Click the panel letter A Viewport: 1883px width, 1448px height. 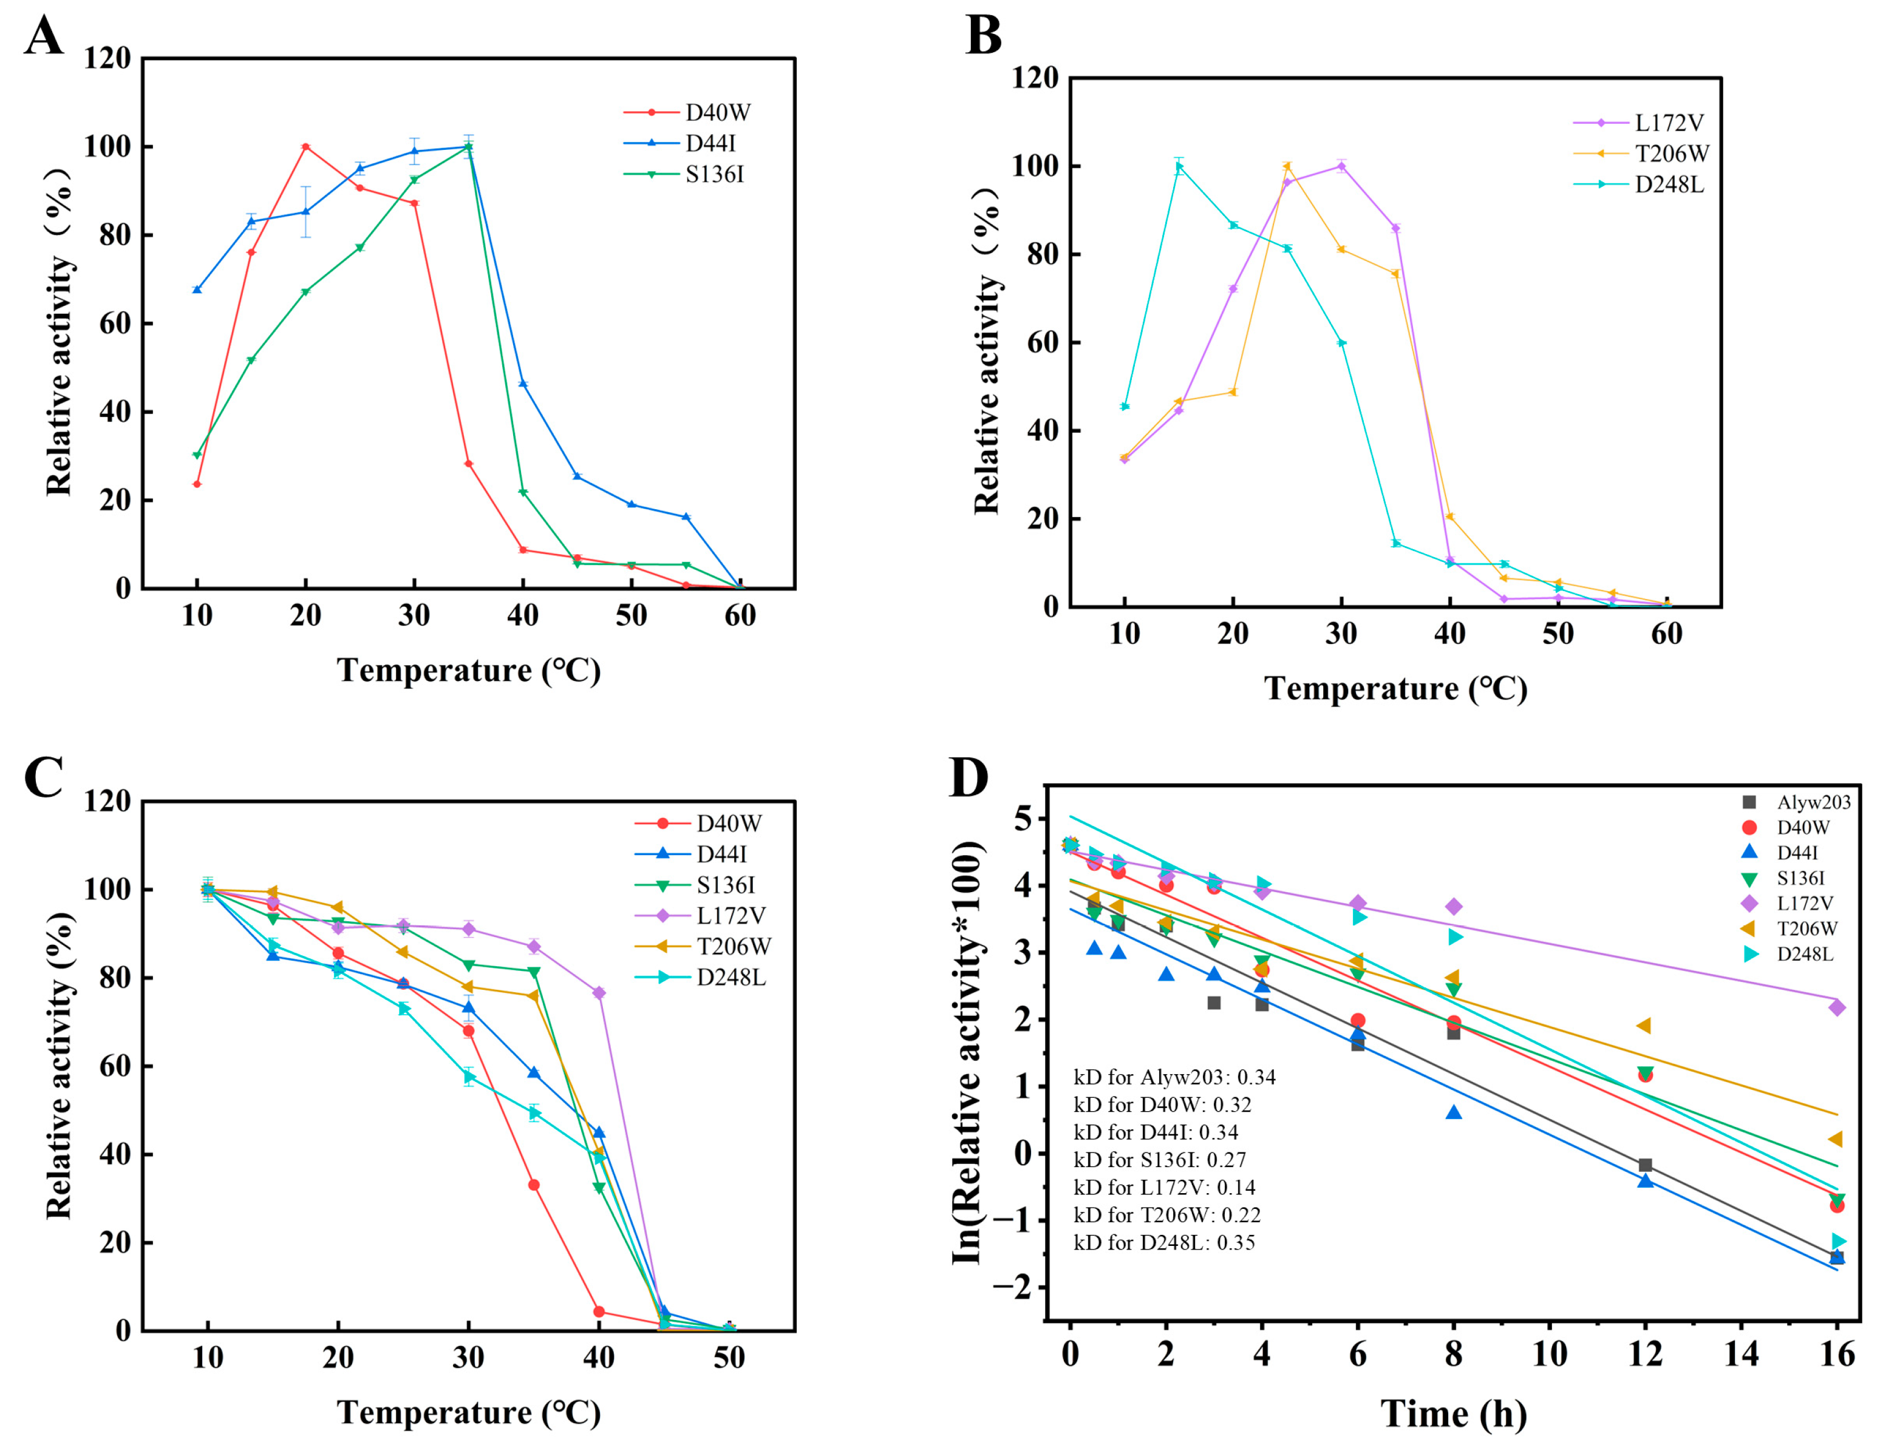[43, 36]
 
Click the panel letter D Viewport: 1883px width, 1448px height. [969, 778]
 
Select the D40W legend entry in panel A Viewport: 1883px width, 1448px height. [717, 112]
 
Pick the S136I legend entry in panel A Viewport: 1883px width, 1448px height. [714, 174]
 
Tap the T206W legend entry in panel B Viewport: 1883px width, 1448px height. [1671, 154]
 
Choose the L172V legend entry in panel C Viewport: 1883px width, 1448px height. [730, 915]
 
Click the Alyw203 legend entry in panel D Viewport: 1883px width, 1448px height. [1813, 802]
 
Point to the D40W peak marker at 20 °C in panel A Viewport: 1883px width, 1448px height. [305, 146]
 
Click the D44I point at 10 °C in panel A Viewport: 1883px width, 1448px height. [197, 289]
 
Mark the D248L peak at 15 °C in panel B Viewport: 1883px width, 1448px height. [1179, 166]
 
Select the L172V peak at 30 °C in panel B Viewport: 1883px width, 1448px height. [1341, 166]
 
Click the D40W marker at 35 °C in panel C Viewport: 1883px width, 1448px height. [534, 1185]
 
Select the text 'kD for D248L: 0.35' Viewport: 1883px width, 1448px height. [1164, 1243]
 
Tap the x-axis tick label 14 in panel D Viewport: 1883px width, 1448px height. [1742, 1355]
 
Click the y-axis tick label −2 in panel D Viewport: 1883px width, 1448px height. [1012, 1288]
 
